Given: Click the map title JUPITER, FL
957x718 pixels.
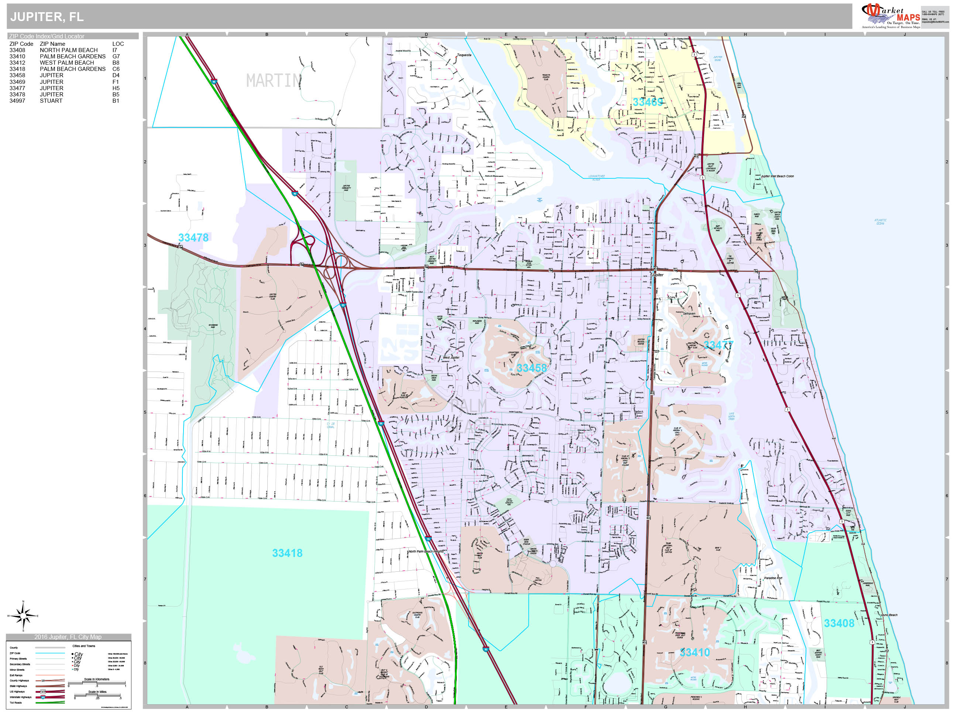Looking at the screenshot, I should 47,17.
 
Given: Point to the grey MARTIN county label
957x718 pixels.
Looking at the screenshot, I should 273,81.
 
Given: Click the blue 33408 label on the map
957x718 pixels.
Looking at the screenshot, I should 839,623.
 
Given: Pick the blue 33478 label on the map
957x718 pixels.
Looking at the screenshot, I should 193,237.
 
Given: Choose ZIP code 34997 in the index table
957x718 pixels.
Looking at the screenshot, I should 17,101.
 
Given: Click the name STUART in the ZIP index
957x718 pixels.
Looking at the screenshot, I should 51,101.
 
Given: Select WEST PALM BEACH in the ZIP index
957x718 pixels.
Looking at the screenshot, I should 66,63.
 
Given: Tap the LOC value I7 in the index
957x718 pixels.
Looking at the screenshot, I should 115,50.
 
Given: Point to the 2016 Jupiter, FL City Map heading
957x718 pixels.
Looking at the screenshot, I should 68,637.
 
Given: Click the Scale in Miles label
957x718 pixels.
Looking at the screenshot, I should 97,692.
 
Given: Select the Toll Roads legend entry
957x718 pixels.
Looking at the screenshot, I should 16,703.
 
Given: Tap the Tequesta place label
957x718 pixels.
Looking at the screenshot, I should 464,55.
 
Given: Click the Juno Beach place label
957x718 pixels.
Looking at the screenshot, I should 889,615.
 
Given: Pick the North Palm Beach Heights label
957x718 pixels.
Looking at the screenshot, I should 426,551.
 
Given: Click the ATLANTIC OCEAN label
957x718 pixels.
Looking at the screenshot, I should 880,222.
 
